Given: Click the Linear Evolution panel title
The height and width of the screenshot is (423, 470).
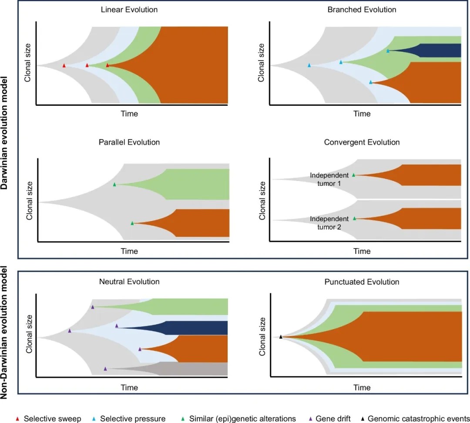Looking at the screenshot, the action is tap(129, 10).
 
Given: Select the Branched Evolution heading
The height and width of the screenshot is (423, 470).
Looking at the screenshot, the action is tap(362, 10).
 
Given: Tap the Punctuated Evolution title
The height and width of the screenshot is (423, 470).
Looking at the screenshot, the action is tap(362, 282).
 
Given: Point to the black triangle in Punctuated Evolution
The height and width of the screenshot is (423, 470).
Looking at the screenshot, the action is tap(281, 337).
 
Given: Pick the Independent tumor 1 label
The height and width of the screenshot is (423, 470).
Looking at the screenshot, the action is tap(329, 179).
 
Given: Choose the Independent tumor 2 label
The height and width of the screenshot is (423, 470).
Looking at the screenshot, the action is tap(329, 223).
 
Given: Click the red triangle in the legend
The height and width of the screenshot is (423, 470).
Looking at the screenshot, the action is tap(17, 419).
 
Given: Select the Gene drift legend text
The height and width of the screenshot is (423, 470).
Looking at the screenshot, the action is tap(333, 419).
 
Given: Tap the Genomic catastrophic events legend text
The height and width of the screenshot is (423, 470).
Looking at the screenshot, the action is tap(419, 419).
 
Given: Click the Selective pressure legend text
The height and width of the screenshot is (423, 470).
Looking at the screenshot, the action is tap(133, 419).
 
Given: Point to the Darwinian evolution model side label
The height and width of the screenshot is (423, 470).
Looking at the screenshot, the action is tap(4, 133).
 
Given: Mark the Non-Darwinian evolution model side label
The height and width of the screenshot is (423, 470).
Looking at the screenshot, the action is tap(4, 333).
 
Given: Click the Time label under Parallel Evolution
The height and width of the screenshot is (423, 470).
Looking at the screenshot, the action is tap(129, 251).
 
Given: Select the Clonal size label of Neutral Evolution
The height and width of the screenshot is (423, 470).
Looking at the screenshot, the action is tap(29, 334).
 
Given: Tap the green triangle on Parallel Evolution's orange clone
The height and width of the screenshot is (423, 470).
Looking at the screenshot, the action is tap(132, 223).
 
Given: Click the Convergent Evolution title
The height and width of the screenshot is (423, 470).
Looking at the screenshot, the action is tap(362, 142).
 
